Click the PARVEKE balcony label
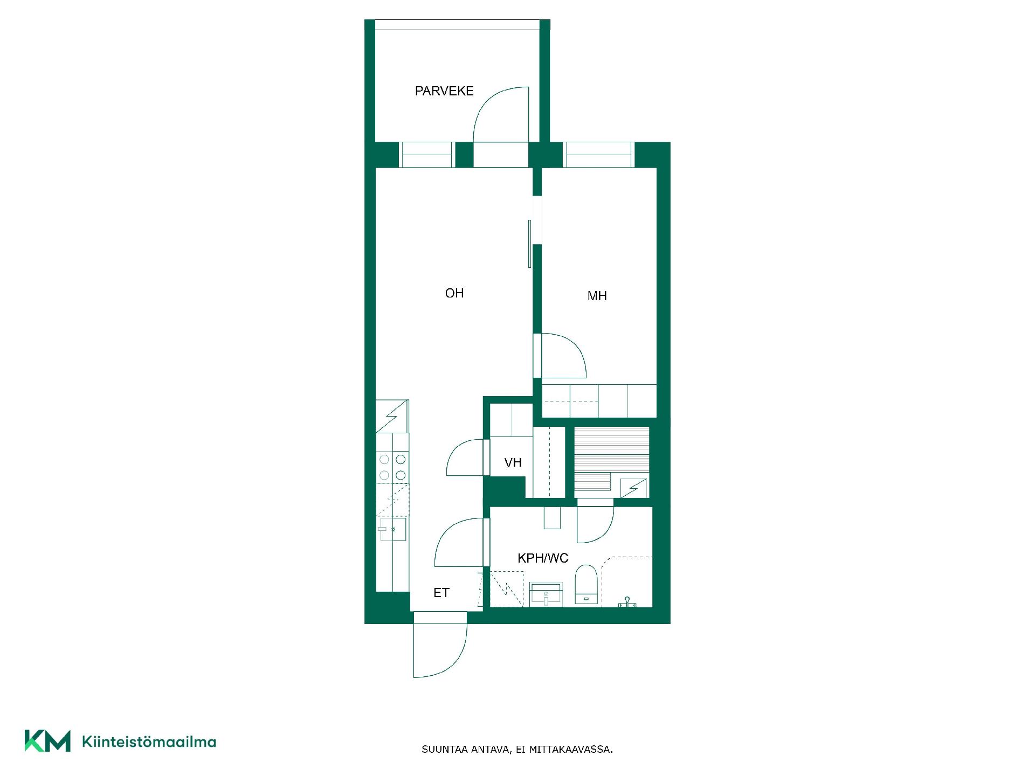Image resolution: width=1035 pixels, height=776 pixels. tap(444, 91)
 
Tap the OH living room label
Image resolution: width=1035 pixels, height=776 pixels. tap(454, 293)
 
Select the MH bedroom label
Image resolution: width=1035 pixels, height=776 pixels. tap(597, 296)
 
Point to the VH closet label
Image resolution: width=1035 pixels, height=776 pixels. tap(513, 462)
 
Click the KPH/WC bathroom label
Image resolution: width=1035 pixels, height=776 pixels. tap(543, 558)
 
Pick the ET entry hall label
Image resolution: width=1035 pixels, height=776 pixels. tap(441, 593)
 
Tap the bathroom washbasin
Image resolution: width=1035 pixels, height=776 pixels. tap(546, 594)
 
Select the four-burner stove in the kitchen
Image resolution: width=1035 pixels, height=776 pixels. tap(392, 467)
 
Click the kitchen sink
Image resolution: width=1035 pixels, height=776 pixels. tap(392, 529)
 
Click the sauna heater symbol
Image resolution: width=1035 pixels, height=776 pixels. tap(634, 488)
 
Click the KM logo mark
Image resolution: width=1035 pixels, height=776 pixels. tap(47, 741)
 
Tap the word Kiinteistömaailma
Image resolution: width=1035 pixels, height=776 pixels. tap(149, 742)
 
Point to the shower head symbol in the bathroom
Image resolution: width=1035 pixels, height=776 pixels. tap(627, 602)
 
